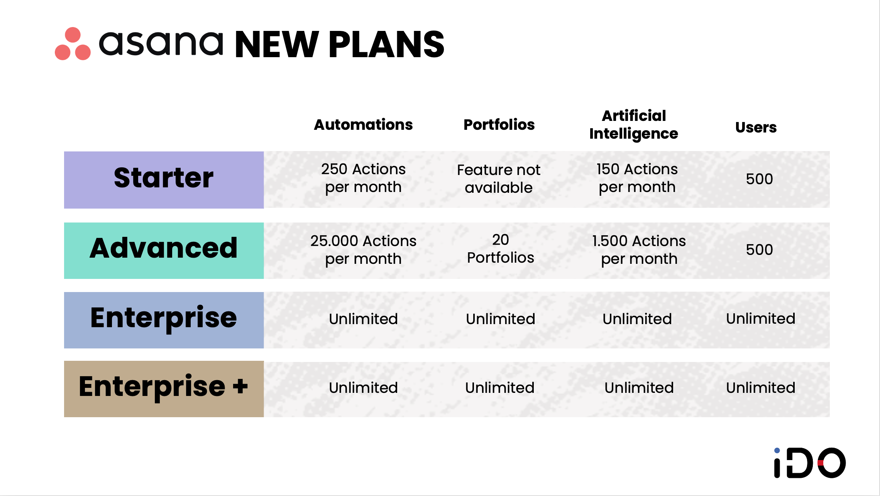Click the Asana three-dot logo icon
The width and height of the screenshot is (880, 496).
73,44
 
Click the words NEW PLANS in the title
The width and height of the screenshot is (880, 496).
339,45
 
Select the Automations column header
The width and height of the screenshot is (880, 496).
363,125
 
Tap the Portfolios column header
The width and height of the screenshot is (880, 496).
499,125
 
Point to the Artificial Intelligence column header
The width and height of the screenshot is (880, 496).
633,124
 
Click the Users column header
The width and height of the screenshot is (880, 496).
756,127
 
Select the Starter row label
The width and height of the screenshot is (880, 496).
164,179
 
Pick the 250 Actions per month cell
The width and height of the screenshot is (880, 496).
363,178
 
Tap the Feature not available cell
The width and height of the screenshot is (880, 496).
499,178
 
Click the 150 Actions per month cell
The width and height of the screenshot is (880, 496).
637,178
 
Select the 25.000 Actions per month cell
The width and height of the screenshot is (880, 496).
363,250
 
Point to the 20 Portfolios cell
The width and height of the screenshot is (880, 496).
500,249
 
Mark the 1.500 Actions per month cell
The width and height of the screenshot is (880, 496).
639,250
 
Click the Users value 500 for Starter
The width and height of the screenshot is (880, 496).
759,179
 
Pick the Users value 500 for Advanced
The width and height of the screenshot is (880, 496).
759,250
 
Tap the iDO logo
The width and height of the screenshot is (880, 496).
810,463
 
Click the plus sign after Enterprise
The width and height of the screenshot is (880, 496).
240,386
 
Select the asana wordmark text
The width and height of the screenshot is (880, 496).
161,43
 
